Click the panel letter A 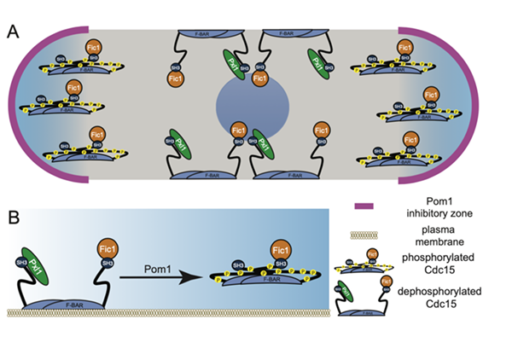[13, 32]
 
